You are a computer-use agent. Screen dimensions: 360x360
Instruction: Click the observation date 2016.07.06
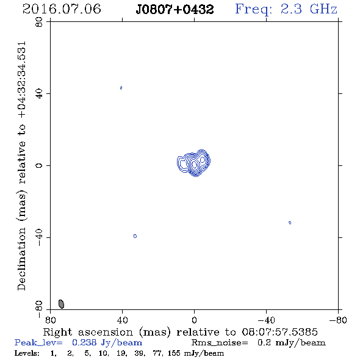pyautogui.click(x=62, y=9)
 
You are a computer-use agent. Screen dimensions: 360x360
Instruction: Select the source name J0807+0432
pyautogui.click(x=175, y=10)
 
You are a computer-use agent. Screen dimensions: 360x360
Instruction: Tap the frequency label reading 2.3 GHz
pyautogui.click(x=309, y=9)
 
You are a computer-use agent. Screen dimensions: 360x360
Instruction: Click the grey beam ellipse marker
pyautogui.click(x=61, y=304)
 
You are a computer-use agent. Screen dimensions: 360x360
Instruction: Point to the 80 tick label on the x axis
pyautogui.click(x=50, y=320)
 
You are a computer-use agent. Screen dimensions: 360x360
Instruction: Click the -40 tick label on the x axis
pyautogui.click(x=266, y=320)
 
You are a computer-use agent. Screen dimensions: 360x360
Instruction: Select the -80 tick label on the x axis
pyautogui.click(x=338, y=320)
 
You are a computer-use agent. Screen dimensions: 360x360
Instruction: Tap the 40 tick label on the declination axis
pyautogui.click(x=39, y=94)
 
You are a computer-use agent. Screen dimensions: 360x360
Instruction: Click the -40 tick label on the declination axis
pyautogui.click(x=39, y=237)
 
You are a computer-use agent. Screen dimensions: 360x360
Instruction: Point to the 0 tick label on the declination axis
pyautogui.click(x=39, y=165)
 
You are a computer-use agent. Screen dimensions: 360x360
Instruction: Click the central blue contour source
pyautogui.click(x=194, y=163)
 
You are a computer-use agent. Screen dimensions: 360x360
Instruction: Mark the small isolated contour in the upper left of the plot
pyautogui.click(x=121, y=88)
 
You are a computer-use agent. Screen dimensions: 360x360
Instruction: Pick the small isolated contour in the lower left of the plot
pyautogui.click(x=135, y=236)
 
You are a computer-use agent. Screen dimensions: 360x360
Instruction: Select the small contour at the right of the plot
pyautogui.click(x=290, y=223)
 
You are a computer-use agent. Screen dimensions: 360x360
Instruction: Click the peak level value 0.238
pyautogui.click(x=84, y=342)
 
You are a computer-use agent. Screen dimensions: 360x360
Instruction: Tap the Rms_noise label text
pyautogui.click(x=220, y=343)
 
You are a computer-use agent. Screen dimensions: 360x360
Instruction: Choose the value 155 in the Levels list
pyautogui.click(x=174, y=353)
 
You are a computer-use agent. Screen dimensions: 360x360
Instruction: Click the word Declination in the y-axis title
pyautogui.click(x=21, y=259)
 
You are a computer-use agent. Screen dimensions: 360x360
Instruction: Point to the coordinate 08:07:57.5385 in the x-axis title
pyautogui.click(x=279, y=332)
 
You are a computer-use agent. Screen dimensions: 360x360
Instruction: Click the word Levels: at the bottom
pyautogui.click(x=27, y=353)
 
